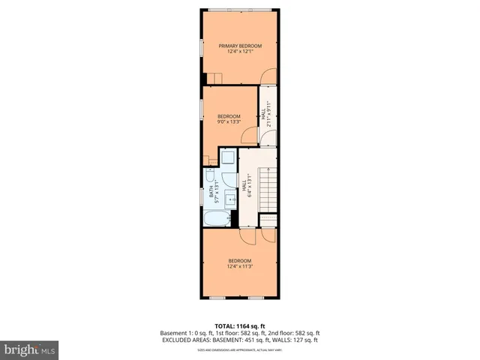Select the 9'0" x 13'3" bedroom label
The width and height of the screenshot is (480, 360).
click(x=229, y=122)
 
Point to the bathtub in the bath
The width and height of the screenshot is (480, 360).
click(x=218, y=218)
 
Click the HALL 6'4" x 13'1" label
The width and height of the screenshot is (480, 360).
click(x=246, y=184)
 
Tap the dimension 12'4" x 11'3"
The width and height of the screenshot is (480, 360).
click(x=239, y=266)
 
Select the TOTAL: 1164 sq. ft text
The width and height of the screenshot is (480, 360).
click(x=239, y=325)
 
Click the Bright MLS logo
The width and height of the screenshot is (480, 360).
click(x=30, y=349)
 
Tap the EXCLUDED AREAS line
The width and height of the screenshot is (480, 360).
click(x=239, y=340)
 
